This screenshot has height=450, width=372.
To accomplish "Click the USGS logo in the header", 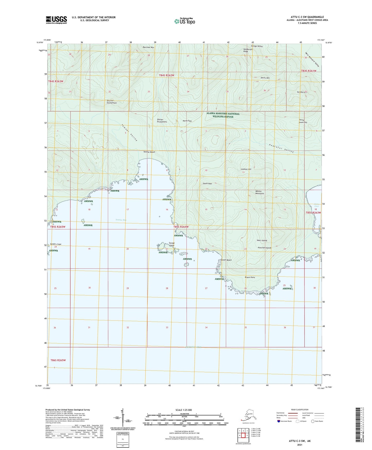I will (56, 20).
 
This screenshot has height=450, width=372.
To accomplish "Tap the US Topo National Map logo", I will (185, 21).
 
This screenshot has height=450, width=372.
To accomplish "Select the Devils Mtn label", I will (265, 78).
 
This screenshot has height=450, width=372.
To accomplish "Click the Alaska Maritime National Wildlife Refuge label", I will (223, 115).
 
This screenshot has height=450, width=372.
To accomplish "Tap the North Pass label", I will (187, 121).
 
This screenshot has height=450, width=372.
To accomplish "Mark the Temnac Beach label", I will (149, 152).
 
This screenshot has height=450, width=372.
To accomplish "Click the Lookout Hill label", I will (246, 169).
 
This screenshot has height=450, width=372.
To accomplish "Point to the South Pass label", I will (207, 184).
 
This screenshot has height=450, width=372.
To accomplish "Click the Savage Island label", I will (172, 244).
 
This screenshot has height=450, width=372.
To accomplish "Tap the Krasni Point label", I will (250, 277).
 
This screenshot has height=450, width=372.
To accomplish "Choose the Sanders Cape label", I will (56, 244).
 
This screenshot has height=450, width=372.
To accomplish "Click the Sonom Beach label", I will (226, 260).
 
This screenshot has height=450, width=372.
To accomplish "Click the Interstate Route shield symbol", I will (279, 421).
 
